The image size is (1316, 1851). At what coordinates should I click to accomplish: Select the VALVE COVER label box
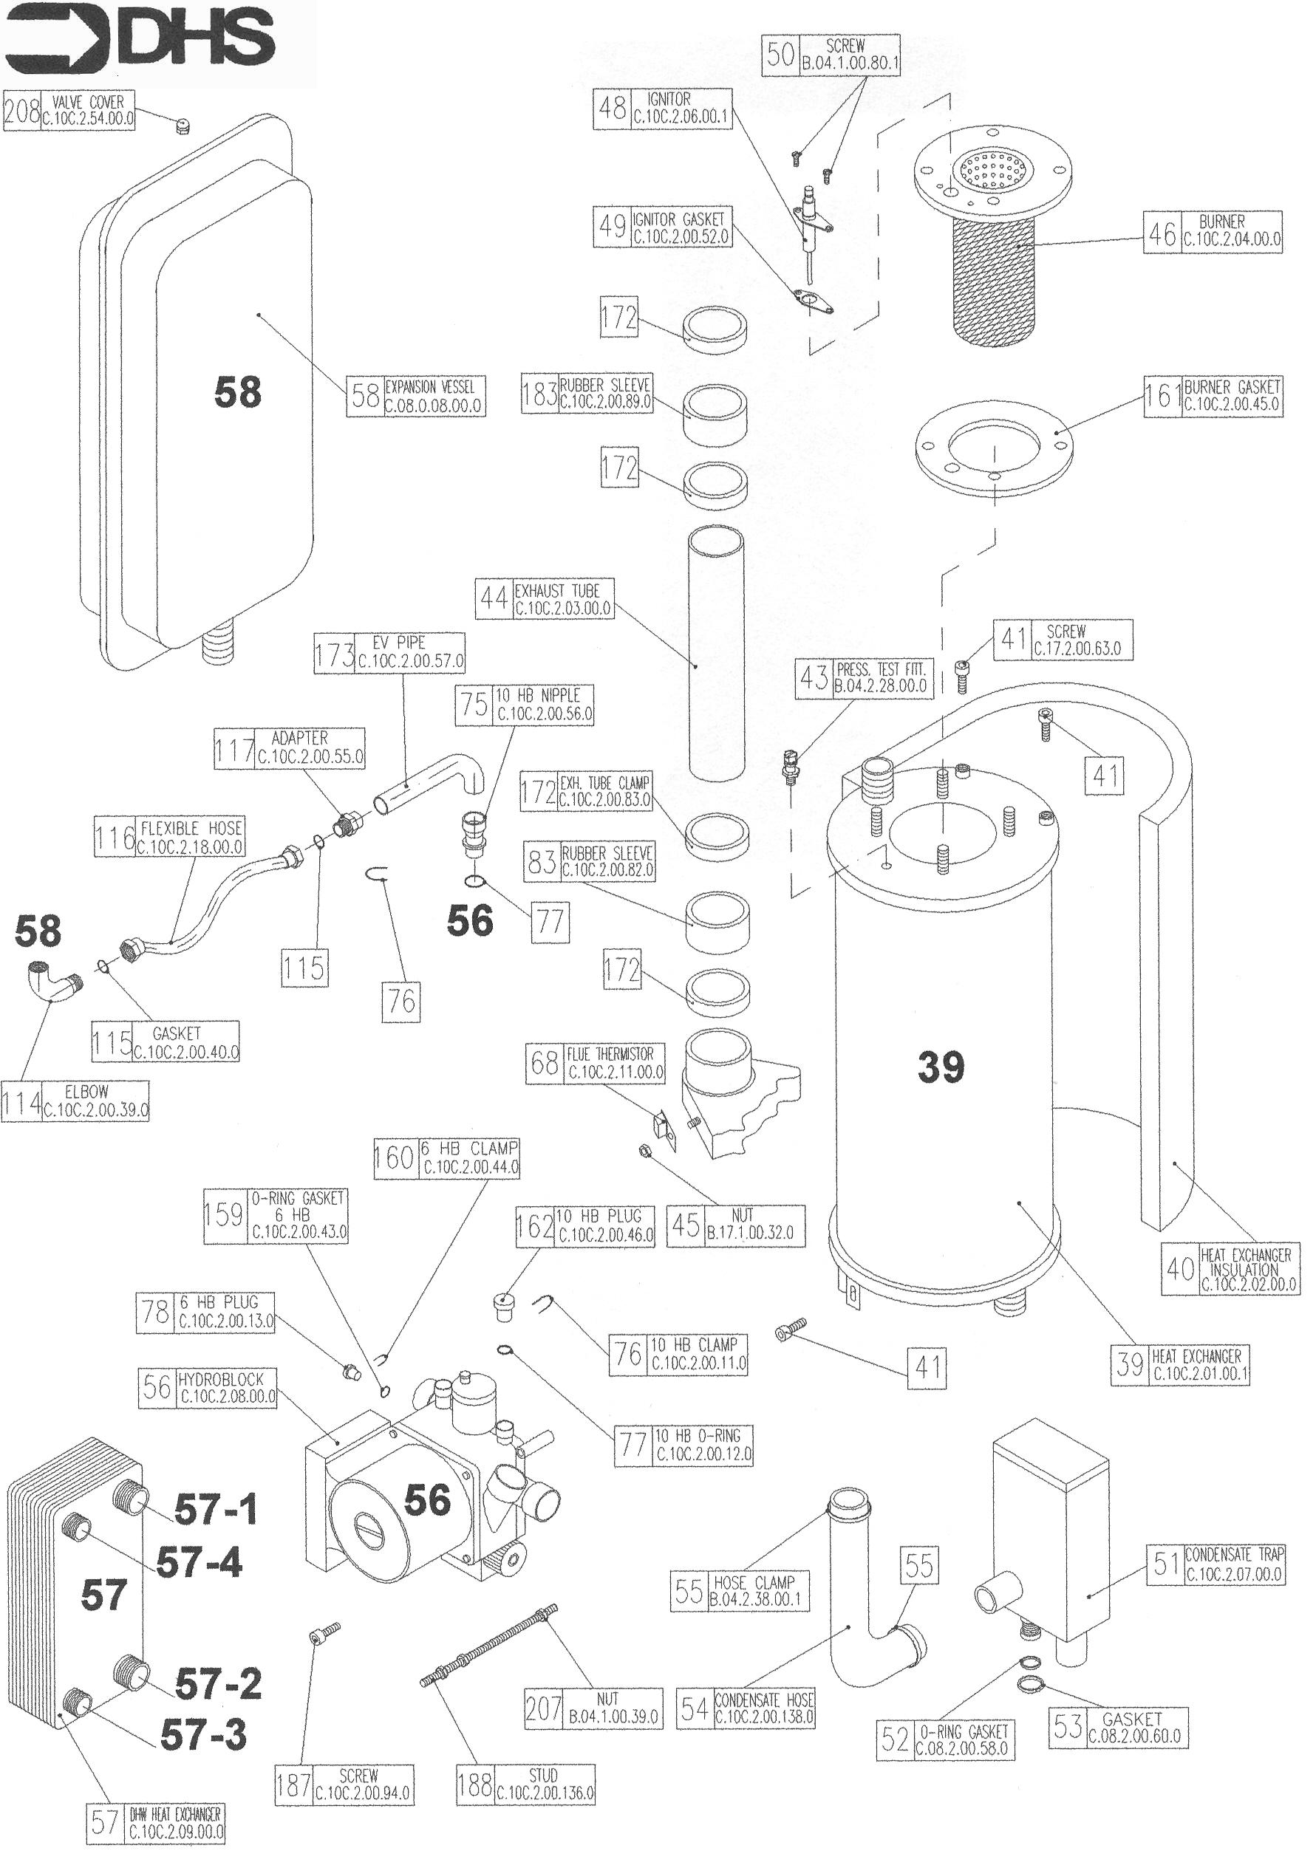pos(69,110)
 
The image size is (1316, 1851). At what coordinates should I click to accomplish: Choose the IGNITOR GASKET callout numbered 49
pos(661,227)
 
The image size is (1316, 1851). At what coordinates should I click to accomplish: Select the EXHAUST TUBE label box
pos(544,600)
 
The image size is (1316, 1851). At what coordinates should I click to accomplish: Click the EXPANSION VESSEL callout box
pos(416,396)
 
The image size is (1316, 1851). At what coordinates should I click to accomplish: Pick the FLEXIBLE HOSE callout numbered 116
pos(168,837)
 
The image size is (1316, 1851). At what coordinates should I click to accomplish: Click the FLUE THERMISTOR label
pos(596,1063)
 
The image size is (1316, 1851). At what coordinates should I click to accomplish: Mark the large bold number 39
pos(941,1066)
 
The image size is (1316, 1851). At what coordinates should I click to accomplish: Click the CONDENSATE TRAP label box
pos(1215,1564)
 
